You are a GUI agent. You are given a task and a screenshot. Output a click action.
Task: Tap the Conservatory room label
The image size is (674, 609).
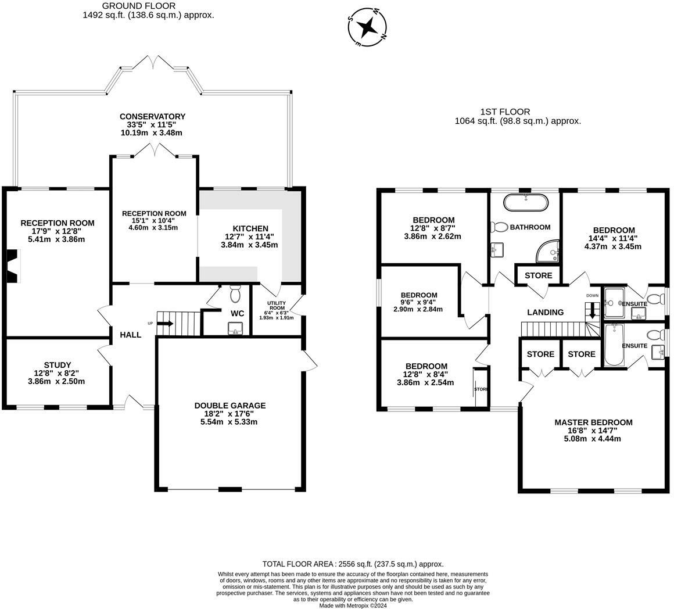point(153,116)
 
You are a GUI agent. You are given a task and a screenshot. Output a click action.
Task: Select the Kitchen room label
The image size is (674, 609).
point(250,228)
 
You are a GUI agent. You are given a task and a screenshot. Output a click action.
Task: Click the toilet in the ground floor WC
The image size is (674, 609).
point(235,293)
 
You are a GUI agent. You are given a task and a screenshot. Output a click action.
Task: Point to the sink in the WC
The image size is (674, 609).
point(235,329)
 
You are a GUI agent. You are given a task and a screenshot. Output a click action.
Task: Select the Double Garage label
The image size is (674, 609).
point(230,405)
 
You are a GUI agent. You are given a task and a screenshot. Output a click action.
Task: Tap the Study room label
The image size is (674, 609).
point(57,365)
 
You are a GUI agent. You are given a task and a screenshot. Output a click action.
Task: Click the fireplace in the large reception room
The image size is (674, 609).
point(12,266)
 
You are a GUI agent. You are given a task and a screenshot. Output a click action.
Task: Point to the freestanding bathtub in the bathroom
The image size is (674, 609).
point(525,202)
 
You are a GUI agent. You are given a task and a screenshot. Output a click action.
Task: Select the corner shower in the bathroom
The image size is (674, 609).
point(547,252)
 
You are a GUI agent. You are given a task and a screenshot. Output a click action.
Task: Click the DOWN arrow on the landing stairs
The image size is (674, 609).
point(592,311)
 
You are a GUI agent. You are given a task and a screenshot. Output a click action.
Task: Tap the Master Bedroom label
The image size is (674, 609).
point(593,422)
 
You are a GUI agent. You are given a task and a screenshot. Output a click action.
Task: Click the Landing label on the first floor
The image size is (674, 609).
point(545,313)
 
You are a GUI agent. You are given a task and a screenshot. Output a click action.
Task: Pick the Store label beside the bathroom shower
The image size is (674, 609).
point(538,275)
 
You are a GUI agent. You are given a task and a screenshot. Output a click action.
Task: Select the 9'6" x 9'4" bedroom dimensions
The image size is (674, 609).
point(419,302)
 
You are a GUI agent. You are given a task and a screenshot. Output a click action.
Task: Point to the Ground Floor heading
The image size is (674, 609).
point(138,6)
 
